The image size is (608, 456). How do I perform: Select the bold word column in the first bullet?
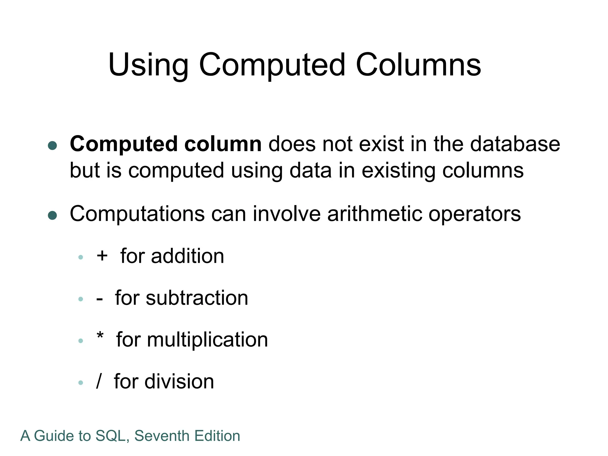(223, 144)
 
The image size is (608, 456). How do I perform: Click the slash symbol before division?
(99, 381)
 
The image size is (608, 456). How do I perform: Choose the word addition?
(187, 256)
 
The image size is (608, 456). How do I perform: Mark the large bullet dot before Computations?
(53, 216)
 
